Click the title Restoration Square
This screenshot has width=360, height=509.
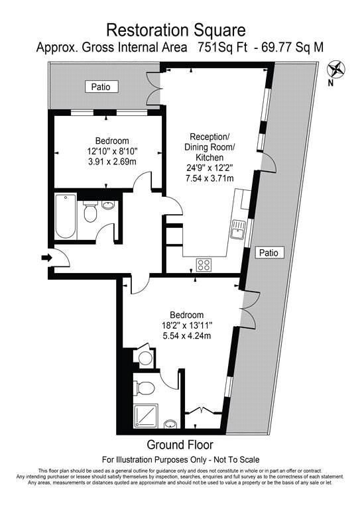click(x=176, y=30)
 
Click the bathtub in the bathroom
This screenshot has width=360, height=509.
click(x=64, y=216)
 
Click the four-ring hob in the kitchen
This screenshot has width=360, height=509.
click(x=204, y=264)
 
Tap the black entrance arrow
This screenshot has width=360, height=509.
click(x=45, y=257)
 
